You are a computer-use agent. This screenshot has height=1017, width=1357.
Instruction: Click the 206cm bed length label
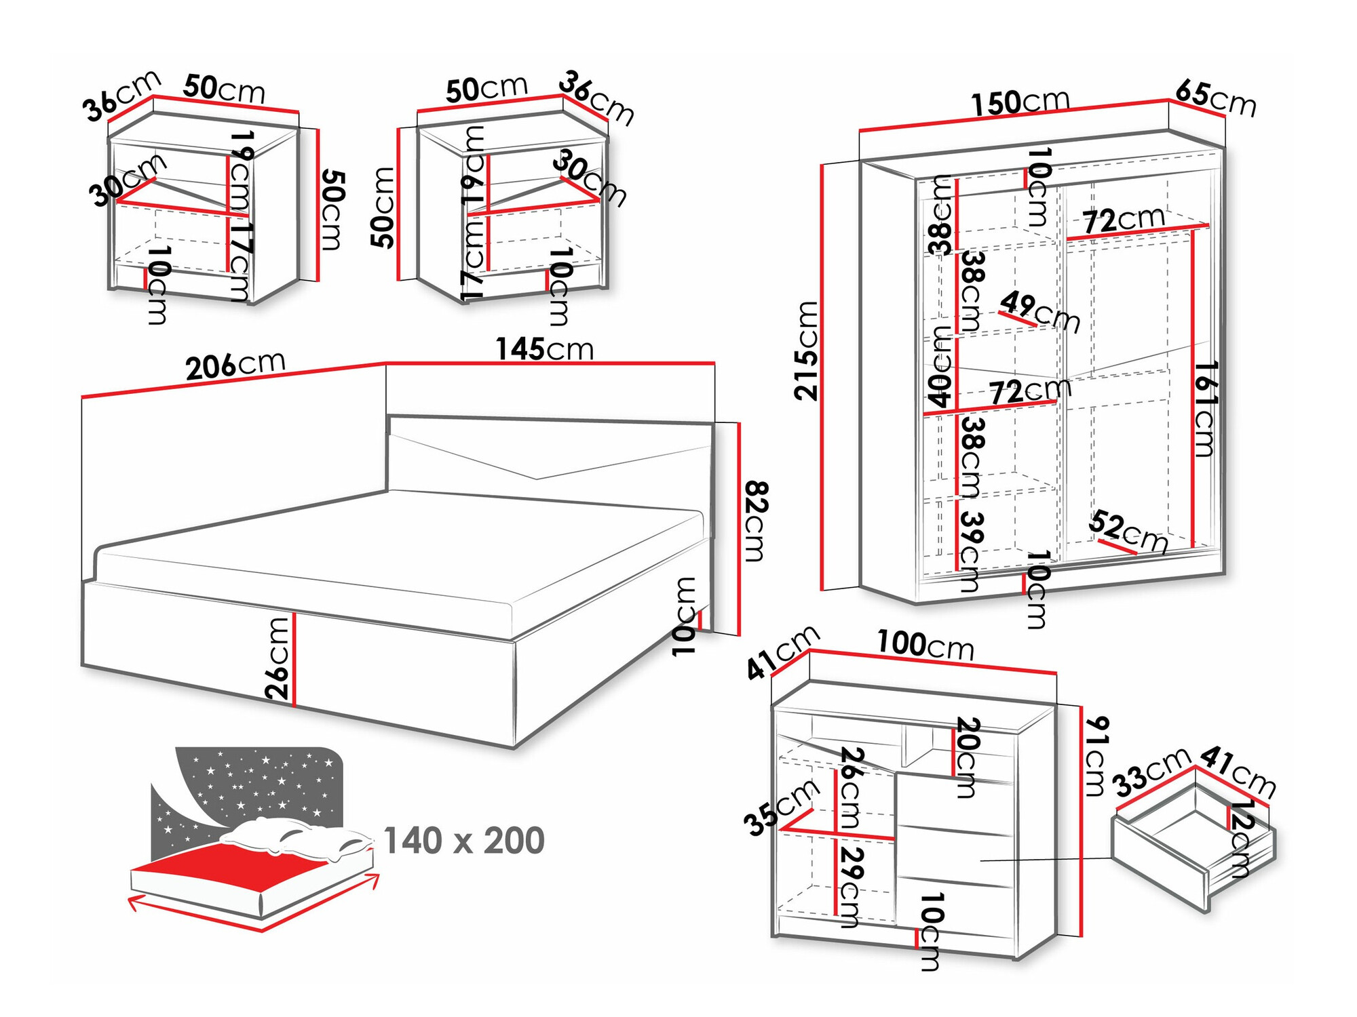pos(235,365)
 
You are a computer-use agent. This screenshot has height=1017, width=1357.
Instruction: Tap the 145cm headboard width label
pos(544,349)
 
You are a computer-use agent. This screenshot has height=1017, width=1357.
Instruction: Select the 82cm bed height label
pos(755,521)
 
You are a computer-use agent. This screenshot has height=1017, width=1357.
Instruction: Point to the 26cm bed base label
pos(278,658)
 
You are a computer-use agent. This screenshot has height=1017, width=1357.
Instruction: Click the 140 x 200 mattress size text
pos(464,841)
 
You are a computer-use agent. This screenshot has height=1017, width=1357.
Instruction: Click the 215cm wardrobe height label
pos(807,351)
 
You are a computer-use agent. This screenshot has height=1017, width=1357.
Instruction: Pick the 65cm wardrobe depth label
pos(1215,98)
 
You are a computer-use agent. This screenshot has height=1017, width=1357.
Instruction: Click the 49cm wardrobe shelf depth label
pos(1039,311)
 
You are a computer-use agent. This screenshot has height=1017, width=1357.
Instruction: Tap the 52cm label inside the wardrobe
pos(1128,532)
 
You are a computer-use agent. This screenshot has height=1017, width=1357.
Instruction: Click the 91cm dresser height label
pos(1095,756)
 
